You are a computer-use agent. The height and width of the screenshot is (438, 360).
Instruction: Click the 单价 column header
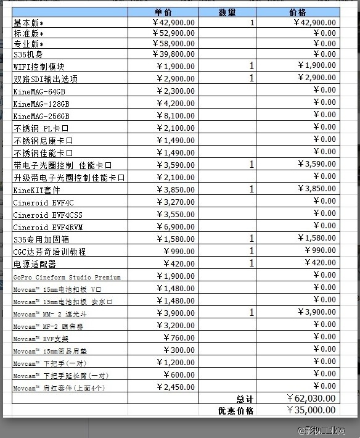163,12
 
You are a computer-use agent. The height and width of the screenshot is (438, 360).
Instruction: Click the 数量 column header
227,12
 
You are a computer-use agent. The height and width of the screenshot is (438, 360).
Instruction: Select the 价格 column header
298,12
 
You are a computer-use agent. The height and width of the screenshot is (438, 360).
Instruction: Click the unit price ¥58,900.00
174,44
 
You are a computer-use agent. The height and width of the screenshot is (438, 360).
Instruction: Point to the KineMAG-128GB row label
41,104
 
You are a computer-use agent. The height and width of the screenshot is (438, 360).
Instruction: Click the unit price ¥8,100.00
176,115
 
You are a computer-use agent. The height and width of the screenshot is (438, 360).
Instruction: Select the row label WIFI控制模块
39,67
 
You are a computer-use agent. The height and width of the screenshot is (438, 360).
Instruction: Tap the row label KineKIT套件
37,190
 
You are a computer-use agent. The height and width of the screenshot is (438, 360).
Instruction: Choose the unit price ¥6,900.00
176,227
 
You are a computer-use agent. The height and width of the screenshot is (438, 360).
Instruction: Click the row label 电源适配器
35,264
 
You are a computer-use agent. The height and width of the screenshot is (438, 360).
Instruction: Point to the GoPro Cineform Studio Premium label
67,277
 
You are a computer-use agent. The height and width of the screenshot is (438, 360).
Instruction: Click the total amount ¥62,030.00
311,399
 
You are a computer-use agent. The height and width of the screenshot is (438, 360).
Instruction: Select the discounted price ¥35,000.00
311,410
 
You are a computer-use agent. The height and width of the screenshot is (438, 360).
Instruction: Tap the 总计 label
245,399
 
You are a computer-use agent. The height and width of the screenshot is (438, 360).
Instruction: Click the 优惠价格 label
235,410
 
